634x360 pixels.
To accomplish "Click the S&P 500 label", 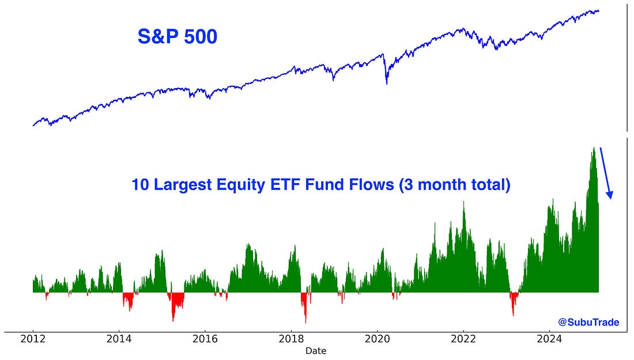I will [177, 37].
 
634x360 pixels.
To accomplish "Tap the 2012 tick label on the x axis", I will [33, 339].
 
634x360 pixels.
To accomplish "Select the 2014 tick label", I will [119, 339].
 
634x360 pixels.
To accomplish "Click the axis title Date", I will [316, 351].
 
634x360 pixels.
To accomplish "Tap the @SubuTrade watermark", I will [588, 323].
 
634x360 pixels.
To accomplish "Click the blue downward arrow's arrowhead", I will [609, 195].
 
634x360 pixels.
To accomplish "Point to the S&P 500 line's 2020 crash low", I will [386, 83].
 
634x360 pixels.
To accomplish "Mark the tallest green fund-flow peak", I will [593, 149].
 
